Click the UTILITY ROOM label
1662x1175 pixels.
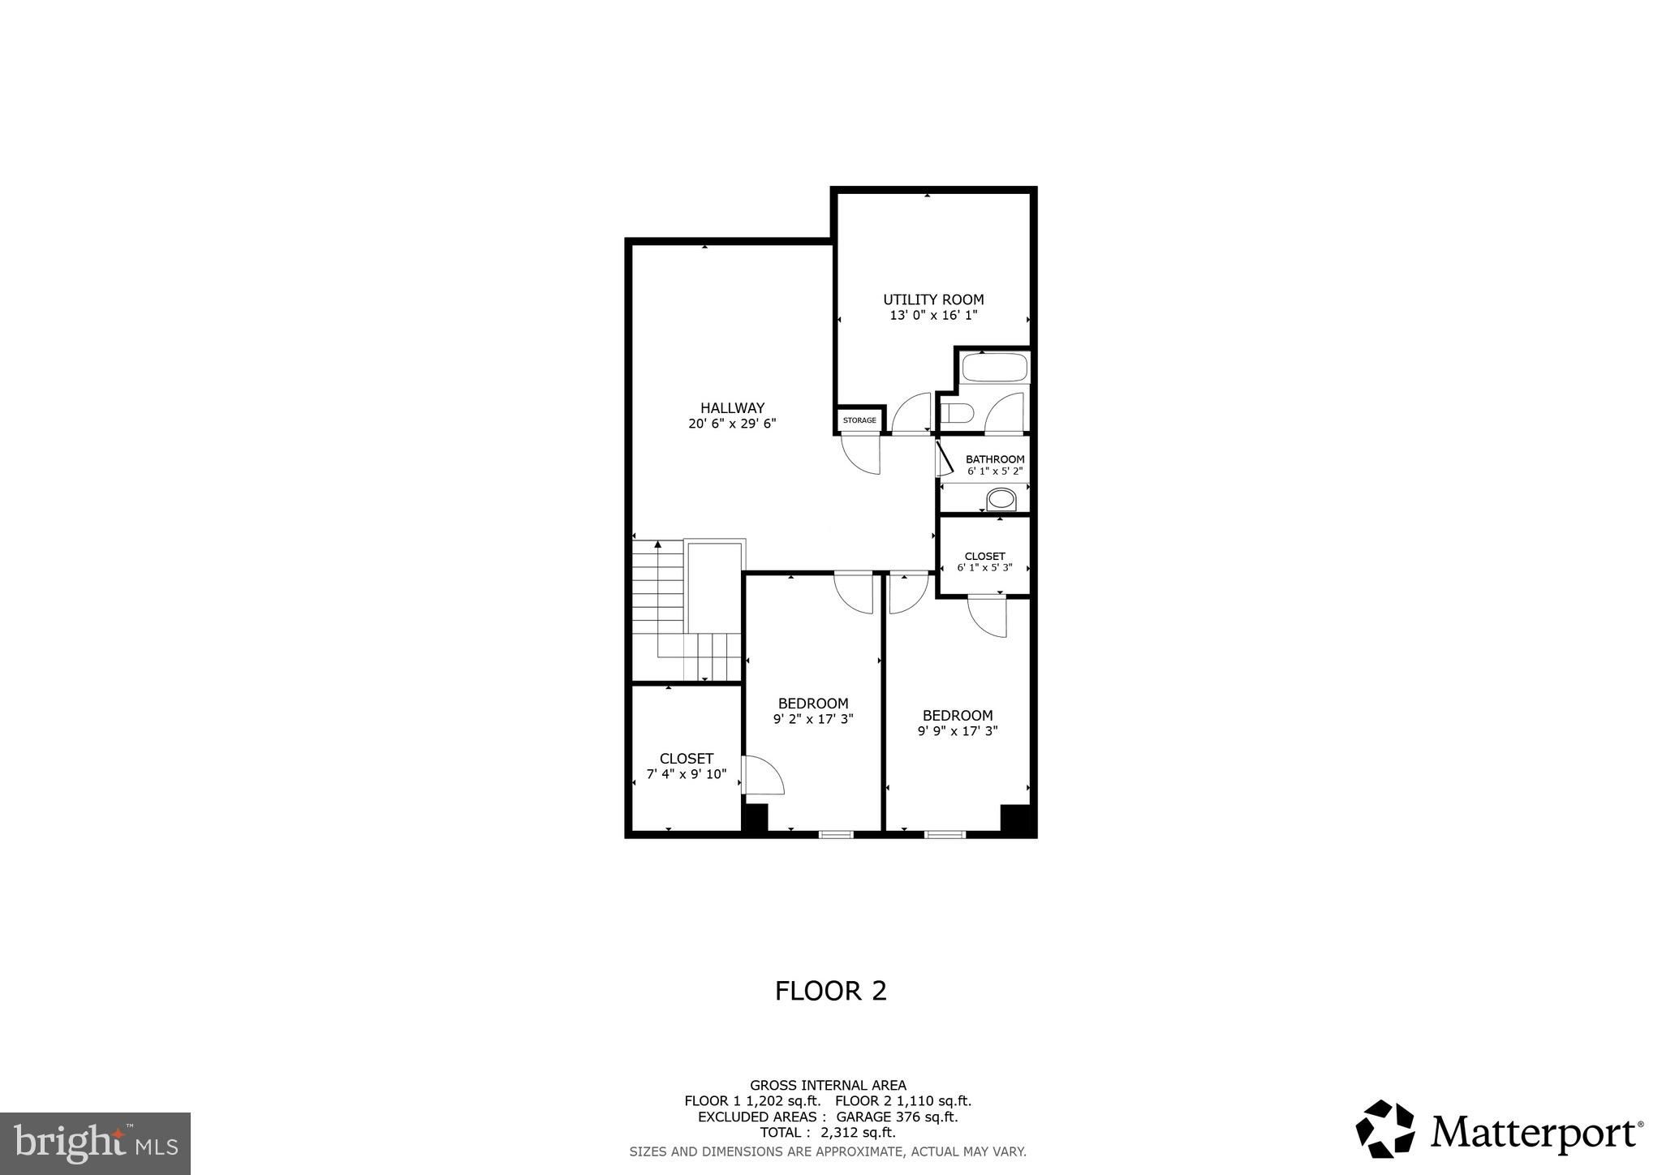[933, 299]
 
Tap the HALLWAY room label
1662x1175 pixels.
[732, 408]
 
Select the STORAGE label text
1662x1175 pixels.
[859, 420]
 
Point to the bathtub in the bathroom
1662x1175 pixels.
[995, 368]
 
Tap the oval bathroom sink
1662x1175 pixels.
[1001, 498]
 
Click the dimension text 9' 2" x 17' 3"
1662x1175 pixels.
[813, 718]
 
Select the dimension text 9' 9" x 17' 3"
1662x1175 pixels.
[958, 730]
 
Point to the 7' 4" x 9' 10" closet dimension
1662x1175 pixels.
[687, 774]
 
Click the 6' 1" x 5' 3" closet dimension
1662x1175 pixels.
[984, 567]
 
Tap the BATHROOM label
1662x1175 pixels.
[995, 459]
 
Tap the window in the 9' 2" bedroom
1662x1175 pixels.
[836, 833]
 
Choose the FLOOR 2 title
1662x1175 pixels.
[831, 991]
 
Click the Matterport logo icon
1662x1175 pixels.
[1385, 1129]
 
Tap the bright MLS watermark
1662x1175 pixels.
[95, 1143]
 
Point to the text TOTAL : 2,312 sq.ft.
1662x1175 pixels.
[828, 1133]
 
